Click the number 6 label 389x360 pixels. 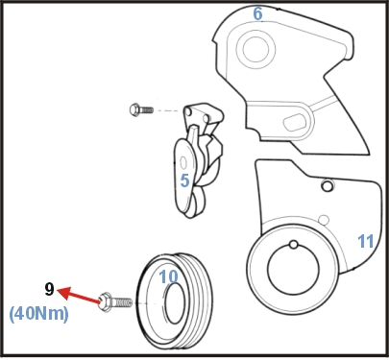pos(257,13)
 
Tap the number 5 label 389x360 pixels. pos(185,180)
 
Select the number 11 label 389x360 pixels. pos(366,241)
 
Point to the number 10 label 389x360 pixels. pos(168,276)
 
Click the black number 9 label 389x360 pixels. pos(49,290)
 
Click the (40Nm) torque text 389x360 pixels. pos(38,314)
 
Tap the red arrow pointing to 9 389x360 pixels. pos(79,295)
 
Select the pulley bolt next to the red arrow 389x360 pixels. pos(115,301)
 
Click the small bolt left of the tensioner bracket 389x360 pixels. pos(141,109)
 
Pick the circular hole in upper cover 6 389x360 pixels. pos(255,49)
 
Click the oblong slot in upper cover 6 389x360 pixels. pos(295,122)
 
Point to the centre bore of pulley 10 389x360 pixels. pos(175,303)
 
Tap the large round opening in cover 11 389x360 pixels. pos(293,272)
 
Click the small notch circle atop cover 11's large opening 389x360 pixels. pos(294,245)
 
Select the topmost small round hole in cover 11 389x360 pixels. pos(327,186)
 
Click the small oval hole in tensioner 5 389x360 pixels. pos(183,163)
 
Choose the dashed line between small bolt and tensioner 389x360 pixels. pos(166,110)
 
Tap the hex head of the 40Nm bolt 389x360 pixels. pos(106,302)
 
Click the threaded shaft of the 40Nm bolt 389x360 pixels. pos(122,302)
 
